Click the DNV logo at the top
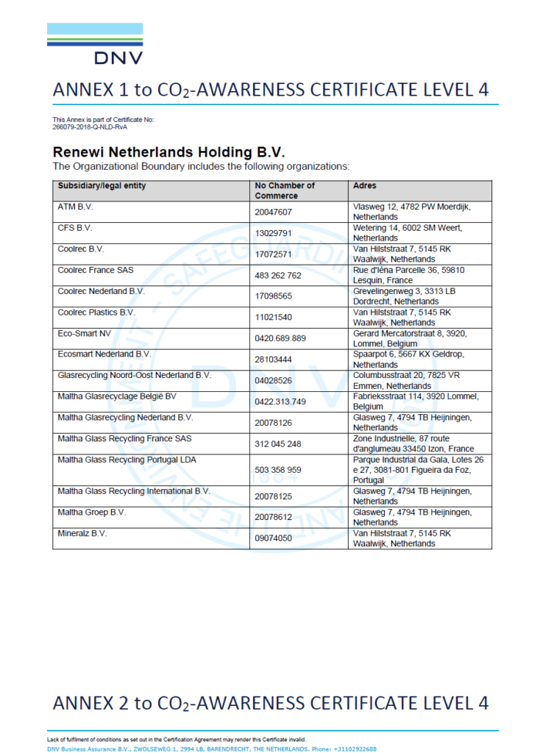tap(95, 43)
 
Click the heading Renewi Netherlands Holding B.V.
tap(168, 152)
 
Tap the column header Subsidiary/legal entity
tap(102, 186)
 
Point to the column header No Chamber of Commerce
tap(285, 190)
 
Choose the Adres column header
tap(366, 186)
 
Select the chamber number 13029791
tap(274, 233)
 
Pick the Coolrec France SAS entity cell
tap(96, 271)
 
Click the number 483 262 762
tap(278, 276)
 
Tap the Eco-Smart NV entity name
tap(84, 334)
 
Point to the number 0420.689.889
tap(280, 339)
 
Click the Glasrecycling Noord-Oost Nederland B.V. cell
tap(135, 376)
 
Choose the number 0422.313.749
tap(280, 402)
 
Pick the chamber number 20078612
tap(274, 518)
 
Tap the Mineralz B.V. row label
tap(82, 533)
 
